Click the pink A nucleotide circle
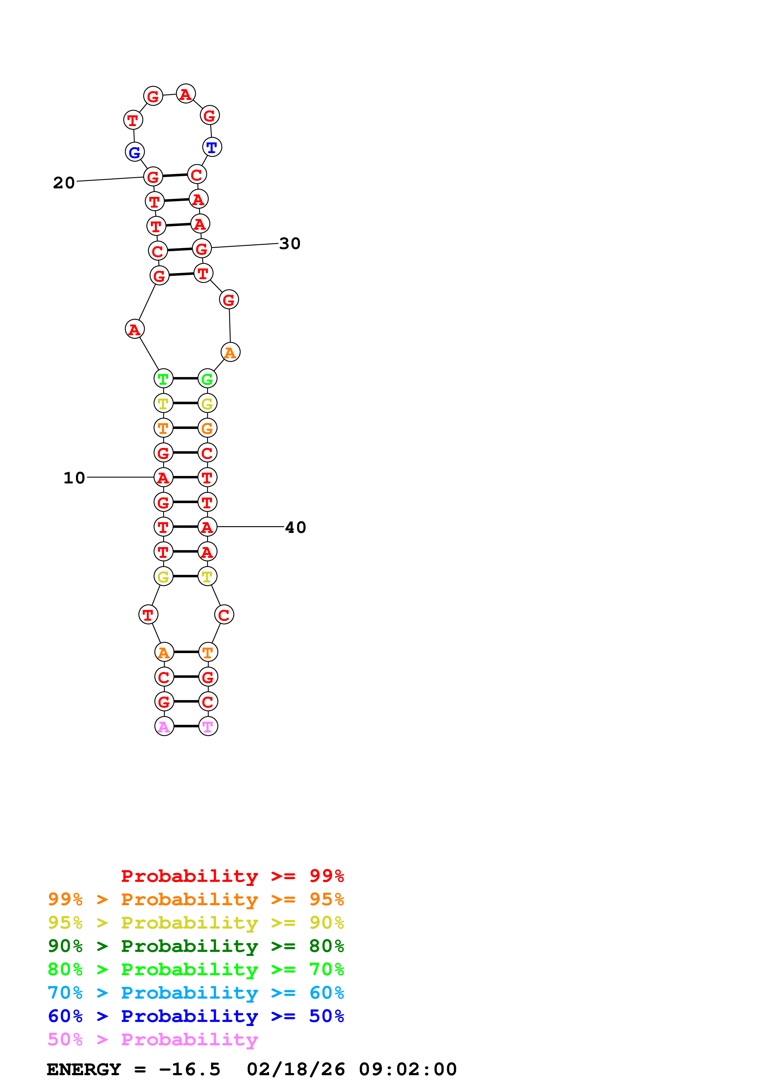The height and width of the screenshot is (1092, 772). tap(164, 726)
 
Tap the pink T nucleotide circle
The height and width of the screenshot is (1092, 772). tap(208, 726)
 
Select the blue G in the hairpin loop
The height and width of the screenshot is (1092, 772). tap(135, 152)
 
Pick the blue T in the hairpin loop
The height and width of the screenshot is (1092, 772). tap(212, 148)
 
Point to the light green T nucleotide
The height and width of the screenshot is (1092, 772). tap(163, 379)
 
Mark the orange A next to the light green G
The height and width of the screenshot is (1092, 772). tap(230, 352)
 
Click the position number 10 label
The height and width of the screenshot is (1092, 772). tap(74, 478)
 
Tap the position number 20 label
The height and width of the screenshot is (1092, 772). tap(64, 183)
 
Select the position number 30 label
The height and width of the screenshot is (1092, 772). tap(290, 243)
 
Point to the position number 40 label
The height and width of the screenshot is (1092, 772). tap(296, 527)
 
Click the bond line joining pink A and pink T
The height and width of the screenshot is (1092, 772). tap(186, 726)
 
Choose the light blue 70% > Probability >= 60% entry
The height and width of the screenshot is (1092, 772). tap(196, 993)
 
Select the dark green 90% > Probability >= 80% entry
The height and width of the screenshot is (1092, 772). tap(196, 946)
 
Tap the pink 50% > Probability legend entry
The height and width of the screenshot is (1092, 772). tap(153, 1039)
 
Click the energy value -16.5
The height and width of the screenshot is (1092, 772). tap(190, 1069)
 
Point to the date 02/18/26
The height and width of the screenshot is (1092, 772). tap(296, 1069)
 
